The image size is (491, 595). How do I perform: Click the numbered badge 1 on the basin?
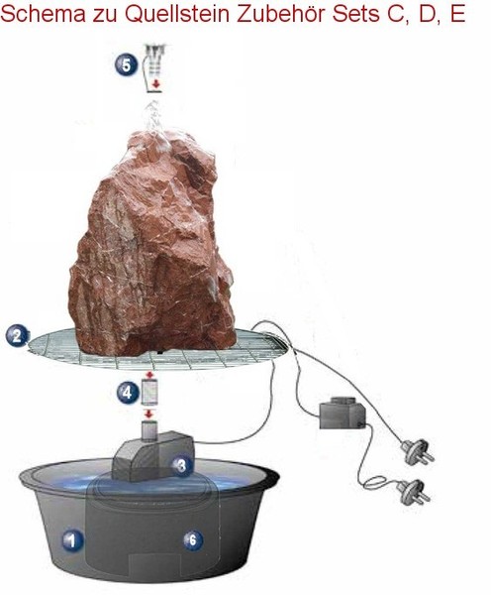(72, 540)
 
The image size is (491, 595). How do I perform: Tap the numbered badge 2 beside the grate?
(17, 336)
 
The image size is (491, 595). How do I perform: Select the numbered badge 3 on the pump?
(182, 465)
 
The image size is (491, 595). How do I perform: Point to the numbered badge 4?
(128, 392)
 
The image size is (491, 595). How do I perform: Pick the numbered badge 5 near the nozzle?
(126, 64)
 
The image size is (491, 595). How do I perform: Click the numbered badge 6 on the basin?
(193, 539)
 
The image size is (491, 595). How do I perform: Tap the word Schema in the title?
(44, 14)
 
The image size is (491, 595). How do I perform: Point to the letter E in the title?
(457, 14)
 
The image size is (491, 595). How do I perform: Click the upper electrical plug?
(419, 451)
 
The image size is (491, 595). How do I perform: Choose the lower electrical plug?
(415, 492)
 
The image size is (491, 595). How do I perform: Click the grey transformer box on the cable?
(343, 414)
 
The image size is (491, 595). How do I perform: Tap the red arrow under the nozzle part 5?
(155, 84)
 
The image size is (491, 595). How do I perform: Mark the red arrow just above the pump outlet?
(149, 414)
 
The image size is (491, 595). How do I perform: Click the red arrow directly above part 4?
(149, 375)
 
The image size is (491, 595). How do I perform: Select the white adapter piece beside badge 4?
(149, 392)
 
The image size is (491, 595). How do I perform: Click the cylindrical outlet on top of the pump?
(149, 430)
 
